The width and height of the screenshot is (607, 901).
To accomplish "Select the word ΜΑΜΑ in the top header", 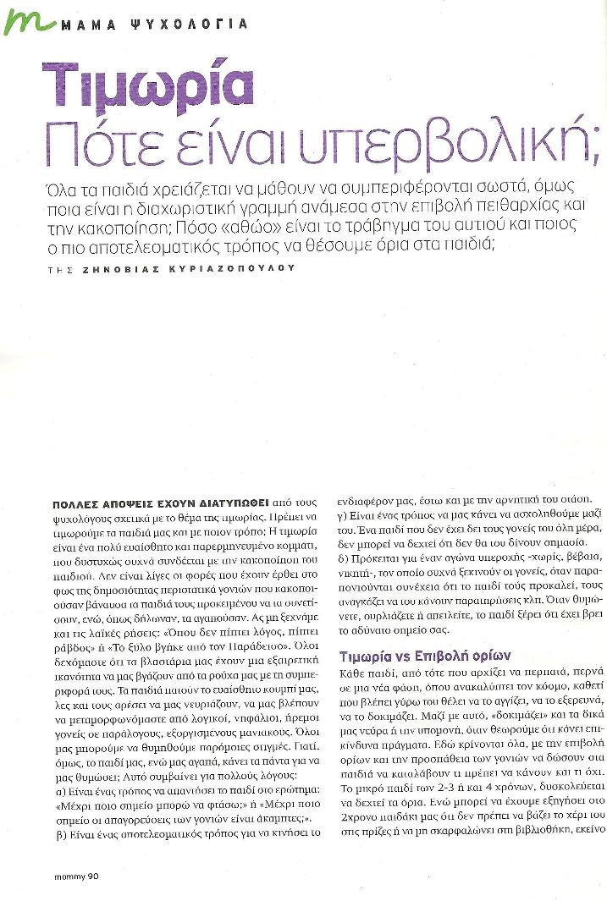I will (87, 25).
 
